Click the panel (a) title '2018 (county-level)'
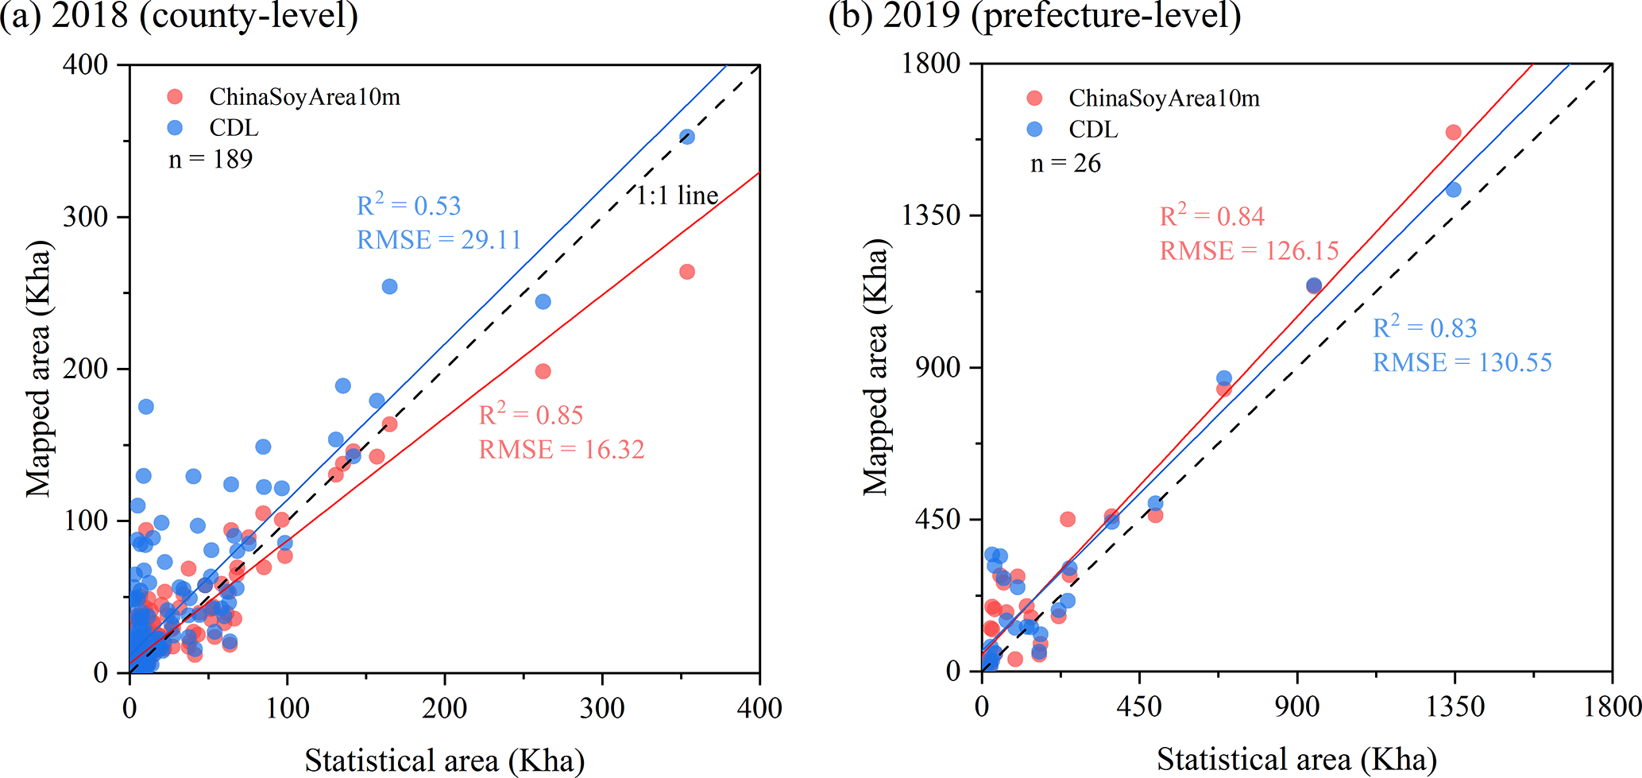click(x=205, y=16)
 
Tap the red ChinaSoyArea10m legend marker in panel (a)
click(x=175, y=97)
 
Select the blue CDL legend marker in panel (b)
click(x=1034, y=129)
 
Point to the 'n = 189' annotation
click(x=211, y=159)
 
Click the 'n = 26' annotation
click(x=1065, y=164)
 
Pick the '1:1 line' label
click(x=677, y=195)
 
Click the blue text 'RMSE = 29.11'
click(x=439, y=240)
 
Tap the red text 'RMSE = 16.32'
click(x=561, y=450)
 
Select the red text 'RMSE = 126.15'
click(x=1249, y=251)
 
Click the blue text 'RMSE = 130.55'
click(x=1462, y=363)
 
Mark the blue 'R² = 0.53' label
click(x=408, y=206)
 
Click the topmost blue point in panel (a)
click(x=687, y=137)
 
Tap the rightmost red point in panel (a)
click(x=687, y=272)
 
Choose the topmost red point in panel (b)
click(x=1453, y=132)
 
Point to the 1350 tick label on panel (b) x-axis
click(x=1455, y=707)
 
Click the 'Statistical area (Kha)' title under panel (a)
click(x=444, y=761)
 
